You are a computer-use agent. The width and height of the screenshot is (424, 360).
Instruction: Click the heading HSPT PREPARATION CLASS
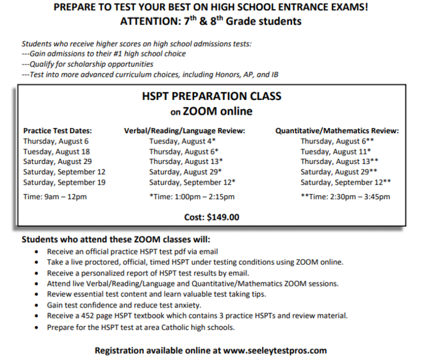pyautogui.click(x=211, y=97)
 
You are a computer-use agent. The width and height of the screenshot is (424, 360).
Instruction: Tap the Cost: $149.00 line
pyautogui.click(x=211, y=217)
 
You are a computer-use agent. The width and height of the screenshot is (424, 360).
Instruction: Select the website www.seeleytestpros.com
pyautogui.click(x=275, y=350)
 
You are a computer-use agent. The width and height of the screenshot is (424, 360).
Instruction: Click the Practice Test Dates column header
pyautogui.click(x=58, y=131)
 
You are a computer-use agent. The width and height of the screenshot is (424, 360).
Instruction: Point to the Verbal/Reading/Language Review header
pyautogui.click(x=184, y=131)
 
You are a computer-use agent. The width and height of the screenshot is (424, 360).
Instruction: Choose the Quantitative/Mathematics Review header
pyautogui.click(x=337, y=131)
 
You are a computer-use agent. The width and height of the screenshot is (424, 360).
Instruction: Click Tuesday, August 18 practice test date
pyautogui.click(x=56, y=152)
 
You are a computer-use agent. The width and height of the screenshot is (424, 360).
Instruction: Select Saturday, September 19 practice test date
pyautogui.click(x=65, y=182)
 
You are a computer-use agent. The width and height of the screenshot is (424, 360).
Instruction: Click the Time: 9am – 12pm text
pyautogui.click(x=55, y=197)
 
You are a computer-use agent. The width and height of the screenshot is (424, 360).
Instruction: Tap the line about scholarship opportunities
pyautogui.click(x=88, y=64)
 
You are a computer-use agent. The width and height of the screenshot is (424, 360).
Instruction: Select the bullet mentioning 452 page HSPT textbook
pyautogui.click(x=197, y=316)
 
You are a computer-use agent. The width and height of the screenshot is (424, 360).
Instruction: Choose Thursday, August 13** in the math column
pyautogui.click(x=339, y=162)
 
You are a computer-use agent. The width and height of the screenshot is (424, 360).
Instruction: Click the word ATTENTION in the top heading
pyautogui.click(x=151, y=21)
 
